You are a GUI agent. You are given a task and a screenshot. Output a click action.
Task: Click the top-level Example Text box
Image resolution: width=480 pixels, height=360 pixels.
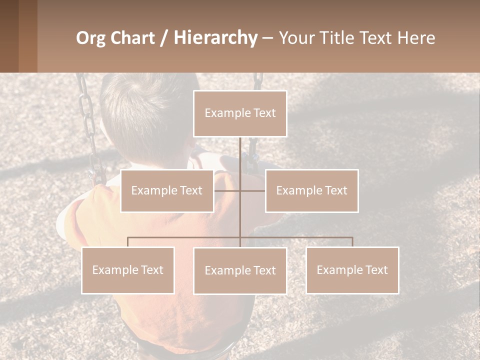click(x=240, y=113)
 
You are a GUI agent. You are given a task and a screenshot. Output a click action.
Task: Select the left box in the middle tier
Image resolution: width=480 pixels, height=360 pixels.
click(x=167, y=190)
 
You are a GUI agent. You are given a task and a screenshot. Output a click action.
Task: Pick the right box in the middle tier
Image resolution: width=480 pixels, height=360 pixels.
click(x=311, y=190)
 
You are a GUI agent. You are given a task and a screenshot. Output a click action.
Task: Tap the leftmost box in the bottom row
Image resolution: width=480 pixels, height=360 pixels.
click(x=128, y=270)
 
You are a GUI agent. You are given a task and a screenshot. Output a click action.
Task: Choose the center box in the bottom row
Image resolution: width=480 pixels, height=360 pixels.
click(x=240, y=270)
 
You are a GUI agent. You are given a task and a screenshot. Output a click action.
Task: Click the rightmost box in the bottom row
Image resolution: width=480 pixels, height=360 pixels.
click(x=352, y=270)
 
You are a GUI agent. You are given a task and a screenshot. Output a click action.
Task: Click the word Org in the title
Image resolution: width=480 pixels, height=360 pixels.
click(x=90, y=38)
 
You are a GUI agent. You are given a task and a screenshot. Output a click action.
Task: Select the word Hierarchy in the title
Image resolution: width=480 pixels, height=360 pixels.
click(x=215, y=38)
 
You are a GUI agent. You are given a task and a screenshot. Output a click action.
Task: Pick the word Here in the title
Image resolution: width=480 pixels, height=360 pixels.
click(x=416, y=38)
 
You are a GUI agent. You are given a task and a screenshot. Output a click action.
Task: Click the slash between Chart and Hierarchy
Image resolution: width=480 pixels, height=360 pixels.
click(x=164, y=38)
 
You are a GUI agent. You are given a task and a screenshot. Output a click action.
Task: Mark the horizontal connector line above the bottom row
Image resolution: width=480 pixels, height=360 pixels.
click(x=185, y=237)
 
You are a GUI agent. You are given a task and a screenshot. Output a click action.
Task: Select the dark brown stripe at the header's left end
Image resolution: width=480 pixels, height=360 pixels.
click(x=9, y=36)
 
